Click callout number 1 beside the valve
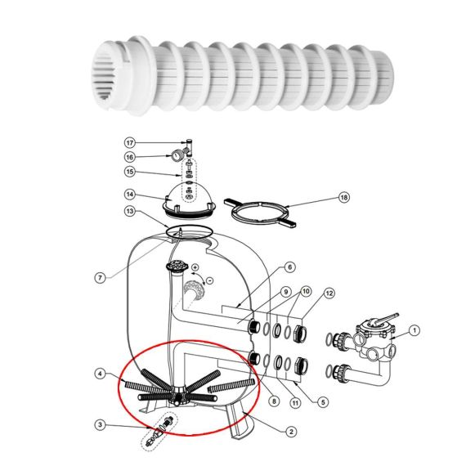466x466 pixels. (414, 330)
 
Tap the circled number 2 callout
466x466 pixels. (291, 432)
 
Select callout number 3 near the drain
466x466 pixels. (101, 424)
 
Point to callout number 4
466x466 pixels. (101, 374)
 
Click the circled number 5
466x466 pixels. (323, 402)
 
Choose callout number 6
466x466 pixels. (290, 267)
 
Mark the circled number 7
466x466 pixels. (101, 278)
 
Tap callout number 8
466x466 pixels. (274, 401)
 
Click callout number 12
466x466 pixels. (329, 293)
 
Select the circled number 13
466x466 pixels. (130, 211)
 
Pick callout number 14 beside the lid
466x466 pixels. (130, 195)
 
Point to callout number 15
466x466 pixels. (130, 172)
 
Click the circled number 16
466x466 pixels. (130, 157)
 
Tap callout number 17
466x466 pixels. (130, 143)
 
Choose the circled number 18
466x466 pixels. (344, 197)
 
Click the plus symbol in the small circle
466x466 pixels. (195, 267)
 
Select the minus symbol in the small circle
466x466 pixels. (209, 280)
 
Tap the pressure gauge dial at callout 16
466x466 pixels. (177, 155)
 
